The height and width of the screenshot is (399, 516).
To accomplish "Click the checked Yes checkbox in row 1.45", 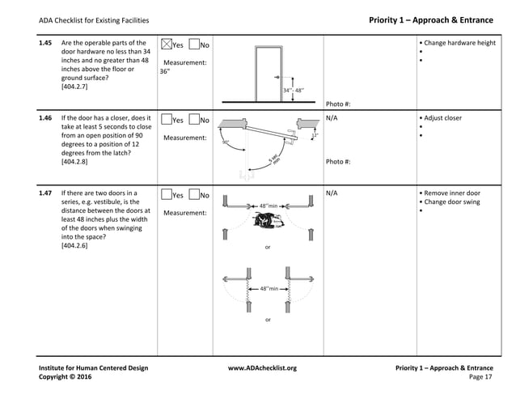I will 167,44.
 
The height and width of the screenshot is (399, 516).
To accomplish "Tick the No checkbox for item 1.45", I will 194,44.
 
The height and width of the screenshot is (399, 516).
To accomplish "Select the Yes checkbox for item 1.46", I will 167,120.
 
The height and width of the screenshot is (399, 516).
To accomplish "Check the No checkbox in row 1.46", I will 194,120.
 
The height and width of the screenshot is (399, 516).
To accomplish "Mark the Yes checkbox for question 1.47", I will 167,195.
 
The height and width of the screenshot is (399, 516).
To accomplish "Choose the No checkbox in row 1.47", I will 194,195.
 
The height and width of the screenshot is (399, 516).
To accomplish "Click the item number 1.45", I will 46,42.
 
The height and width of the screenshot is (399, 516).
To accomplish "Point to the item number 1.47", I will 46,193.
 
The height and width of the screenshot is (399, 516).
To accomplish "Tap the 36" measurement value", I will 165,71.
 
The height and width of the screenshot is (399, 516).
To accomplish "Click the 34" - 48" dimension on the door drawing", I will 294,90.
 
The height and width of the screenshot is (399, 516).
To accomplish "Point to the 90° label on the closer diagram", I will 226,142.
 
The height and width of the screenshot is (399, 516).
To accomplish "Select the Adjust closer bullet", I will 444,118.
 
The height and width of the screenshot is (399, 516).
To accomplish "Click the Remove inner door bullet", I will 454,193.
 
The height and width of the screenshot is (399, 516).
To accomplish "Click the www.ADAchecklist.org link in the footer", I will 262,368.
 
